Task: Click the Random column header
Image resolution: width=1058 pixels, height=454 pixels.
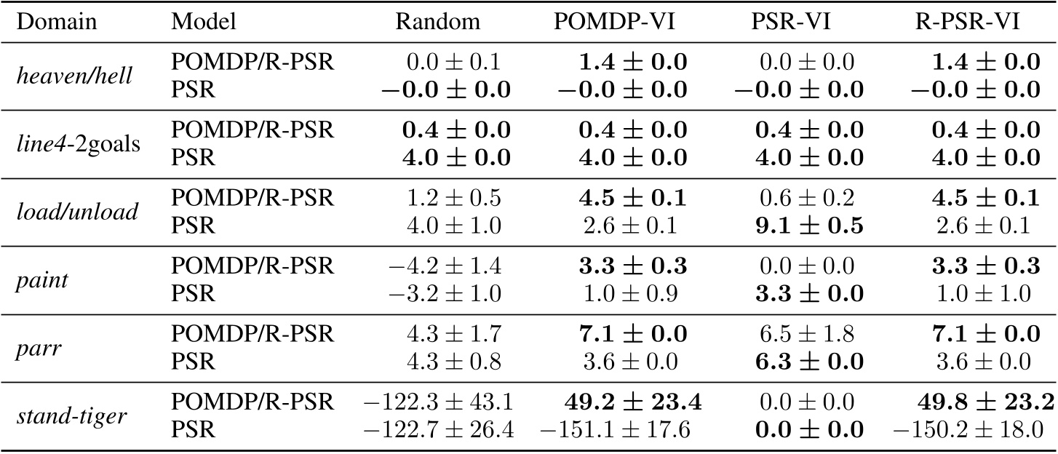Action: coord(438,22)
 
